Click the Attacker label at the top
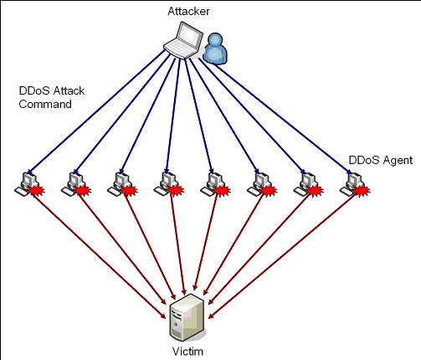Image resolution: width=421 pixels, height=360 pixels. tap(188, 11)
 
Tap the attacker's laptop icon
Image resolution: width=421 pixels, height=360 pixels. tap(183, 40)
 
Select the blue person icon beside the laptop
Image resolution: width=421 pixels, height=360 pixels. tap(214, 48)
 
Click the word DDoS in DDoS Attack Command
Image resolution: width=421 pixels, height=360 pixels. tap(34, 90)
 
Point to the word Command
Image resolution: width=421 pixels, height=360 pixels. tap(45, 104)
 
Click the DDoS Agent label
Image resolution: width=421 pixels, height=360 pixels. tap(381, 160)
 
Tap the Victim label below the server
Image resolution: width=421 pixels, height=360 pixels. tap(187, 351)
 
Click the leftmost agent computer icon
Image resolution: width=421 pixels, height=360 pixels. tap(26, 183)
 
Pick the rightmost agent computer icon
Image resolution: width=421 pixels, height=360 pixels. tap(352, 183)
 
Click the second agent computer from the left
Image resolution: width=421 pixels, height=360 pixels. tap(73, 183)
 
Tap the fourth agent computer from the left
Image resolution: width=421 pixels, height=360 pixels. tap(166, 183)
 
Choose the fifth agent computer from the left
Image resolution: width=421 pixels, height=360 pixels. tap(212, 183)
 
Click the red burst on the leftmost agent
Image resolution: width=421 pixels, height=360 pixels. tap(37, 191)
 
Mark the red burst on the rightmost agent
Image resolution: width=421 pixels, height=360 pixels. tap(362, 191)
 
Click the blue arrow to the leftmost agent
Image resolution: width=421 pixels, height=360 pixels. tap(96, 111)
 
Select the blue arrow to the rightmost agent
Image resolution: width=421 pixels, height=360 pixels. tap(275, 116)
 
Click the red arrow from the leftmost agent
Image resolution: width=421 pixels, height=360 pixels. tap(100, 255)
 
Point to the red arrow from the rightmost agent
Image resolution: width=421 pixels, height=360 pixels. tap(283, 255)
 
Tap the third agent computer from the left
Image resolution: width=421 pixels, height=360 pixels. tap(119, 183)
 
